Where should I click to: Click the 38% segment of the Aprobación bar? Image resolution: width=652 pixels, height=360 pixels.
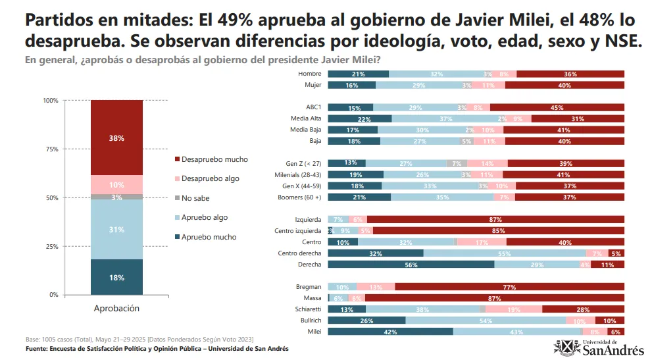click(x=116, y=138)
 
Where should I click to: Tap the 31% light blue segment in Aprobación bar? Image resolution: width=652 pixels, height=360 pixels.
click(x=116, y=229)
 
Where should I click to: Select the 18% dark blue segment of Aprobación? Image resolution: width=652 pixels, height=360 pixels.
click(x=116, y=277)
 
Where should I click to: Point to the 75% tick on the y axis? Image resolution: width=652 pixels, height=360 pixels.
click(x=51, y=149)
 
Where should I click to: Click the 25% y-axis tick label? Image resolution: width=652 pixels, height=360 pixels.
click(x=51, y=247)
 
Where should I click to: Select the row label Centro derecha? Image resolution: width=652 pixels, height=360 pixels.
click(x=299, y=253)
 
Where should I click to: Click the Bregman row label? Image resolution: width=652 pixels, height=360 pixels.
click(x=309, y=287)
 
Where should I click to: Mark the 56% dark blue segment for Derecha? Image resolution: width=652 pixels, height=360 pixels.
click(x=411, y=264)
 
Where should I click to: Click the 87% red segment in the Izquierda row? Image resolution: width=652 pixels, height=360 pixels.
click(x=495, y=219)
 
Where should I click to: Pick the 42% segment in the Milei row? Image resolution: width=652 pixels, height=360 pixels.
click(x=390, y=332)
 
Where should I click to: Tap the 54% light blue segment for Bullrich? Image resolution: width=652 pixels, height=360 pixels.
click(x=486, y=321)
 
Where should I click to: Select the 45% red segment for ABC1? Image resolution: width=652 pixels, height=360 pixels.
click(x=557, y=107)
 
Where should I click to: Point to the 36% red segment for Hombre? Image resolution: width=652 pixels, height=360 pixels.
click(x=570, y=74)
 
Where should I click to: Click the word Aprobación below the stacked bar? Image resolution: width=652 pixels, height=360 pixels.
click(x=116, y=308)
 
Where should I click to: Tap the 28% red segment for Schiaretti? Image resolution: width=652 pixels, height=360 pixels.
click(x=583, y=309)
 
